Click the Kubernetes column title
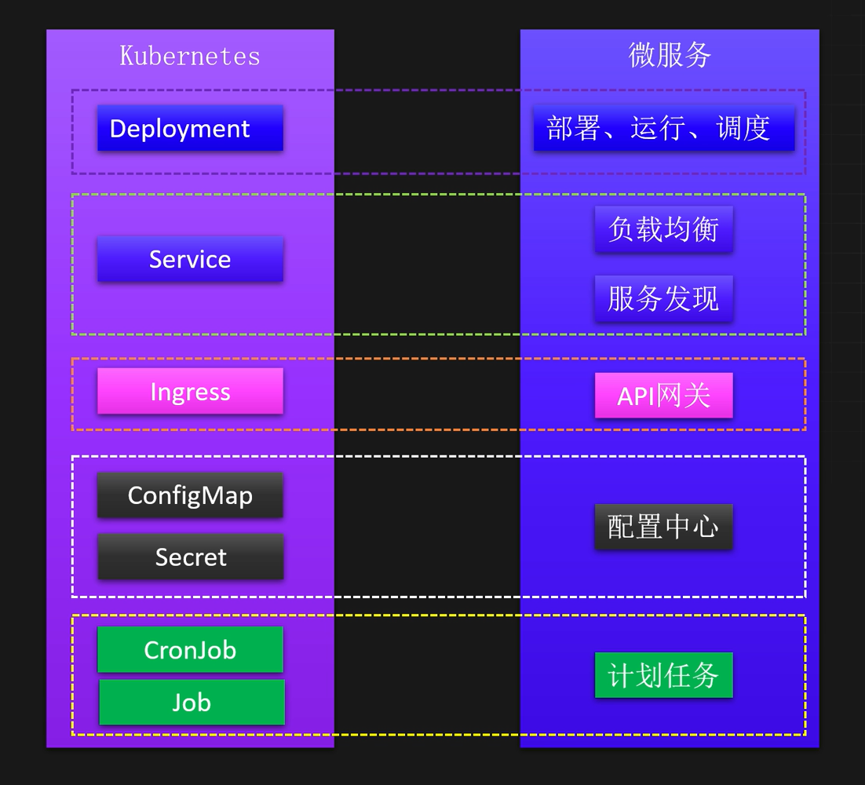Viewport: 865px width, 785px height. pyautogui.click(x=190, y=56)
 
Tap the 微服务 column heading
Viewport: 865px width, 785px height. pyautogui.click(x=670, y=55)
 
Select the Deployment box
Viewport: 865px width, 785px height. pyautogui.click(x=190, y=128)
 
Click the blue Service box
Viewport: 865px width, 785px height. pyautogui.click(x=190, y=259)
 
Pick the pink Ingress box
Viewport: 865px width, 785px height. pyautogui.click(x=190, y=391)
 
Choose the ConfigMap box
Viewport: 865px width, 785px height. pyautogui.click(x=190, y=495)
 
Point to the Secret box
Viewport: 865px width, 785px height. pyautogui.click(x=190, y=557)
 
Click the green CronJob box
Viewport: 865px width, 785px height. pyautogui.click(x=190, y=649)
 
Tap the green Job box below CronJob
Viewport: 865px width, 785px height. pyautogui.click(x=192, y=702)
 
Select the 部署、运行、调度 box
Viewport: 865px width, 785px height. pyautogui.click(x=664, y=128)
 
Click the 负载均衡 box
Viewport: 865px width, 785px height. pyautogui.click(x=663, y=229)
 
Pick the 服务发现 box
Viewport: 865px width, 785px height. pyautogui.click(x=663, y=298)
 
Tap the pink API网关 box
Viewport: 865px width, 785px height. pyautogui.click(x=663, y=395)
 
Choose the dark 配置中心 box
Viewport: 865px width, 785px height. pyautogui.click(x=663, y=527)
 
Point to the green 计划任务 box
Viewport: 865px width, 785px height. pyautogui.click(x=663, y=675)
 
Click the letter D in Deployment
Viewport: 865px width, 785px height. pyautogui.click(x=118, y=129)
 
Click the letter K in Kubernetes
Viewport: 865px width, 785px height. pyautogui.click(x=126, y=56)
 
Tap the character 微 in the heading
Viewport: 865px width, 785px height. pyautogui.click(x=642, y=55)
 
